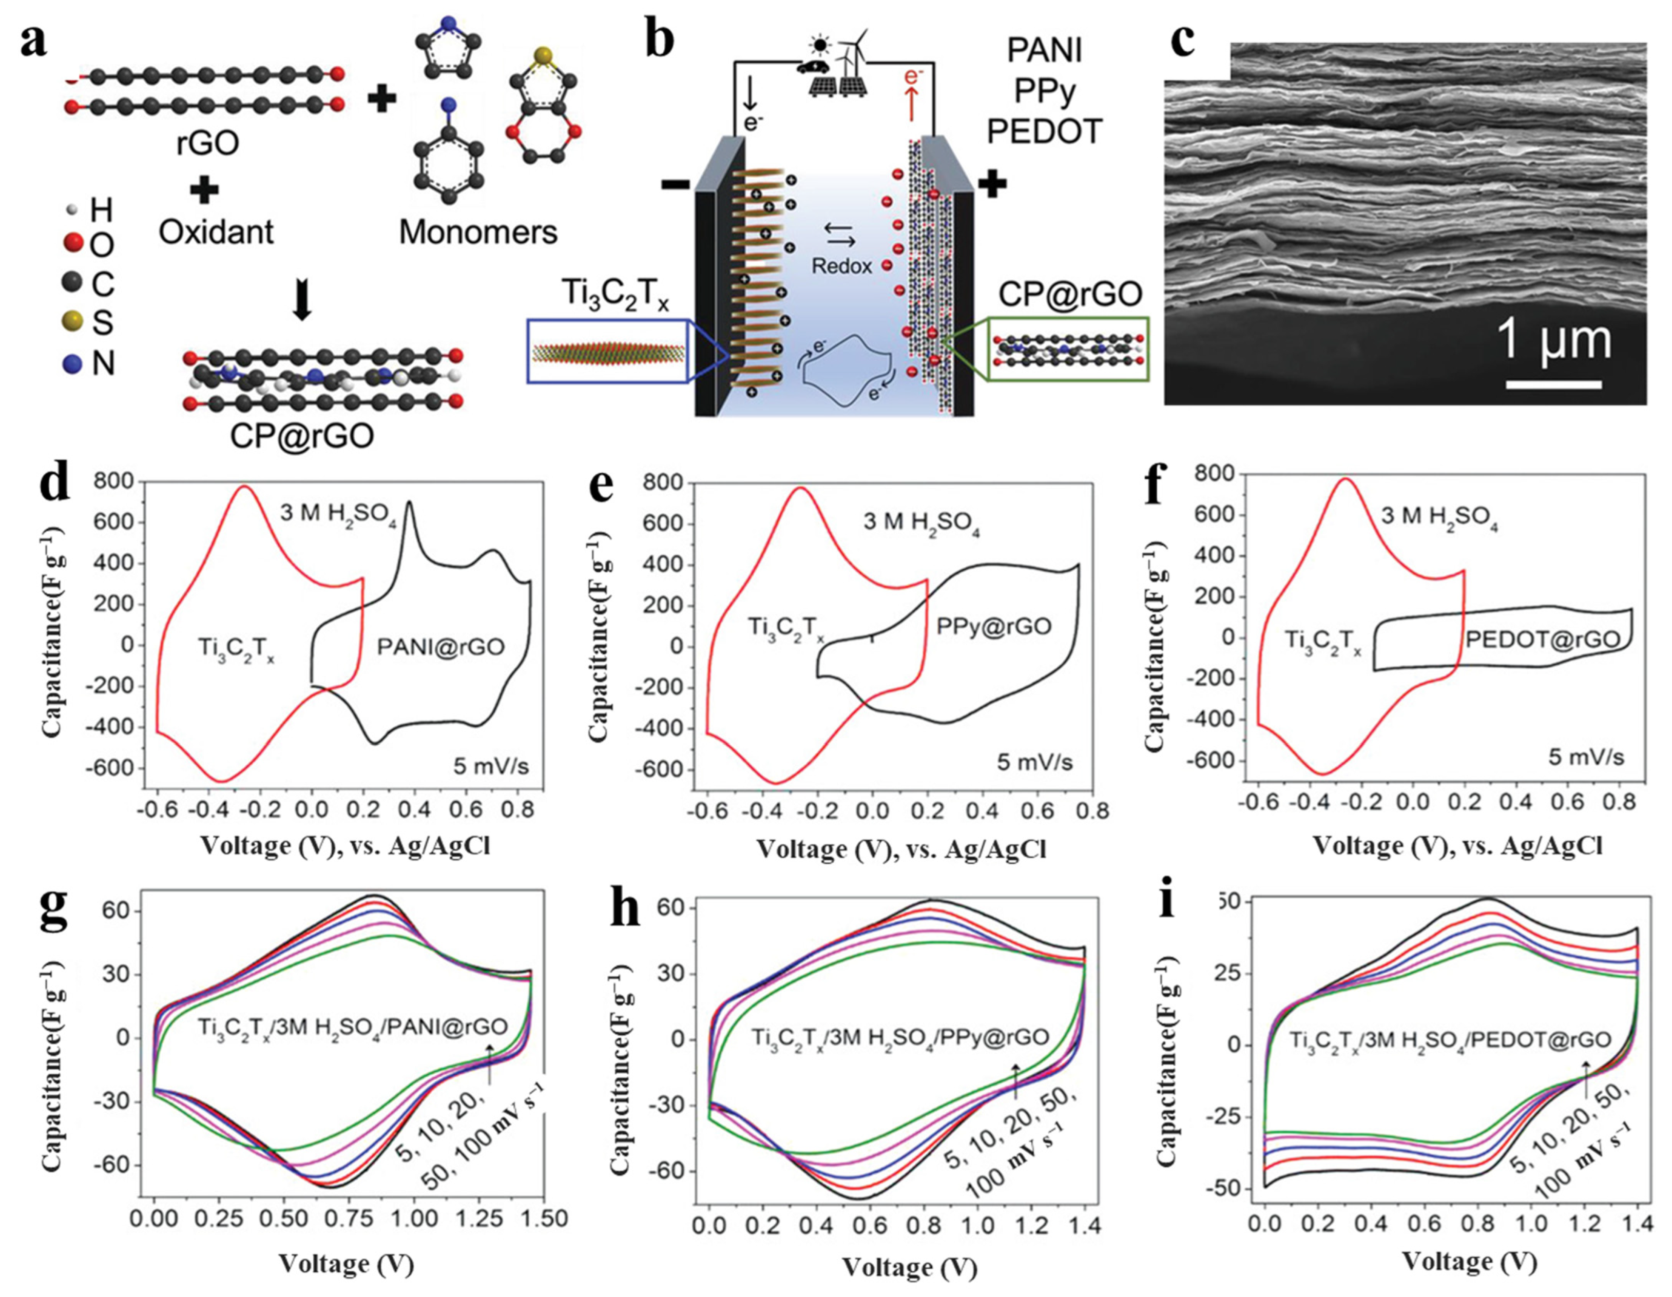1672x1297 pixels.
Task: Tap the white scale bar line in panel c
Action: (1554, 383)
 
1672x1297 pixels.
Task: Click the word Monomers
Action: (478, 232)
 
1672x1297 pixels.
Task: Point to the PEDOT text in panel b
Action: (1044, 132)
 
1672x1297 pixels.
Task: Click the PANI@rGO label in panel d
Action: (440, 647)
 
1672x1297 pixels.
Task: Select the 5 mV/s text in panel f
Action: (1585, 757)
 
